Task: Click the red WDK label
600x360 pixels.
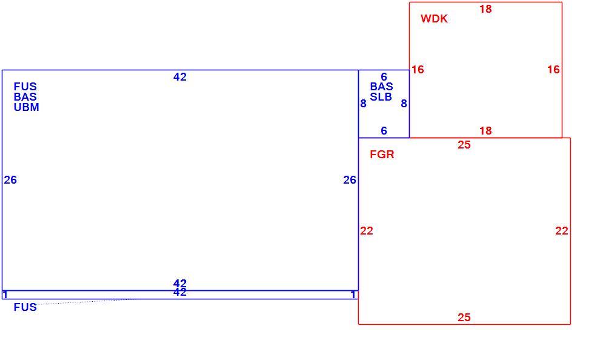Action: pos(434,19)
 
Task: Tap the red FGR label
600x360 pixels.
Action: pos(382,155)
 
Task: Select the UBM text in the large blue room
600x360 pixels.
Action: pos(27,107)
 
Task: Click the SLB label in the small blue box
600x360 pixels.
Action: pos(381,97)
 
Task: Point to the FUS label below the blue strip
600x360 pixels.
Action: pos(25,307)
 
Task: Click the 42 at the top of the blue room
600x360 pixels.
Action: pos(180,77)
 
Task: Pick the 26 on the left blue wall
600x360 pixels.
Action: pos(10,180)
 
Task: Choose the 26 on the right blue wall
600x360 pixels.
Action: pos(350,180)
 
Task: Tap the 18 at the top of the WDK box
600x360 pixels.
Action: pos(485,9)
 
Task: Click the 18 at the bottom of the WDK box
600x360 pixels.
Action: pos(485,131)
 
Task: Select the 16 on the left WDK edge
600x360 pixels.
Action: pos(418,70)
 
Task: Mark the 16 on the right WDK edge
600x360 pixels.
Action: pos(553,70)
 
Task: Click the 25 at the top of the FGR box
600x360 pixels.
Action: pos(464,145)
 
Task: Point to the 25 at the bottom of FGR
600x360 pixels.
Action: pos(464,317)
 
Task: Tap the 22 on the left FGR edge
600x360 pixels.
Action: pos(367,231)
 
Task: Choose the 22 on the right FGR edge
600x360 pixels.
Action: pos(562,231)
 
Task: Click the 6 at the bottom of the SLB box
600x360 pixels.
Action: pos(384,131)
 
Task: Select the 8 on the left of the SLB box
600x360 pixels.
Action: pos(363,104)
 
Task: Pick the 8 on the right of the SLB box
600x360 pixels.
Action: pos(404,104)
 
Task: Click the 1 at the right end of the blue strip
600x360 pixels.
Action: pos(353,295)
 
